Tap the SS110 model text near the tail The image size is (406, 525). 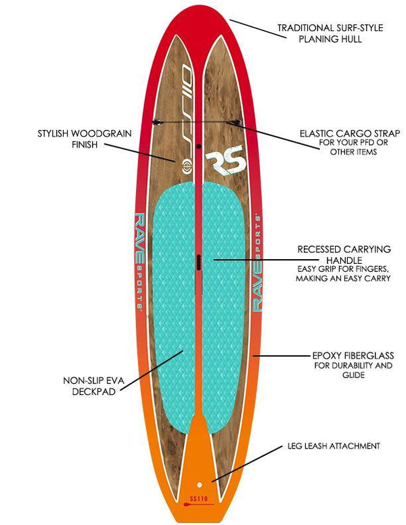click(x=198, y=501)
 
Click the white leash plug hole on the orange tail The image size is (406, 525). click(x=199, y=485)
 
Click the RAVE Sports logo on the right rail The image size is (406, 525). click(x=257, y=261)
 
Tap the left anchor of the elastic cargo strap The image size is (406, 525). click(x=156, y=122)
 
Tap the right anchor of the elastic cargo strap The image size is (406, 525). click(x=235, y=122)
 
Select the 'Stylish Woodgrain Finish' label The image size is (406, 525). click(x=85, y=139)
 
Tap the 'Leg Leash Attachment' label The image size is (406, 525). click(x=332, y=446)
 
